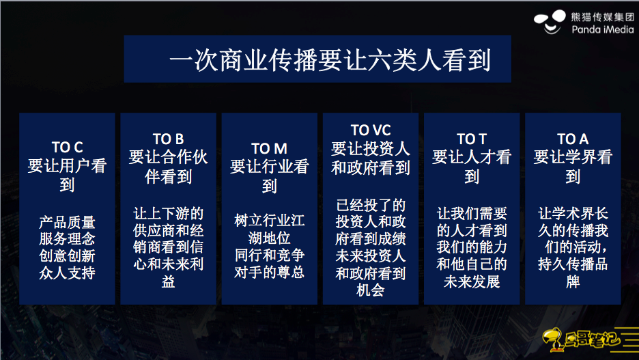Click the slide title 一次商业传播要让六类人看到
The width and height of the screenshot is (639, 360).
pyautogui.click(x=330, y=60)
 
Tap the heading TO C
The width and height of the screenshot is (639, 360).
pyautogui.click(x=67, y=147)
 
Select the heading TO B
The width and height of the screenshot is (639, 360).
pyautogui.click(x=169, y=139)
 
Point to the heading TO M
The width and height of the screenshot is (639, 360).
pyautogui.click(x=270, y=148)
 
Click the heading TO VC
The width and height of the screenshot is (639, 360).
pyautogui.click(x=371, y=130)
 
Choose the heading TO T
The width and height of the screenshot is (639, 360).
pyautogui.click(x=472, y=139)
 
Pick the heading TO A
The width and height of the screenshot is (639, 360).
pyautogui.click(x=573, y=139)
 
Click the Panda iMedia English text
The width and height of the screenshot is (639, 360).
pyautogui.click(x=602, y=29)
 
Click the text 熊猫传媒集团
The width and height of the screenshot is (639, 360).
pyautogui.click(x=602, y=16)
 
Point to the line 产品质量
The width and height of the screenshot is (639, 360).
pyautogui.click(x=67, y=222)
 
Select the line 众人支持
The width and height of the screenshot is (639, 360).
pyautogui.click(x=67, y=273)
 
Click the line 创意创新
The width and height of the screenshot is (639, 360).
pyautogui.click(x=67, y=255)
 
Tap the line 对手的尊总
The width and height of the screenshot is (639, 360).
pyautogui.click(x=270, y=271)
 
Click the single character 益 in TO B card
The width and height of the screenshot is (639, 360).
pyautogui.click(x=169, y=281)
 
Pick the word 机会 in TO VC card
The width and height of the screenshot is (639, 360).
pyautogui.click(x=371, y=290)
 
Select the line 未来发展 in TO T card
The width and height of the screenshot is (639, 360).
pyautogui.click(x=472, y=281)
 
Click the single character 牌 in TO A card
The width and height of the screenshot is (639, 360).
pyautogui.click(x=573, y=281)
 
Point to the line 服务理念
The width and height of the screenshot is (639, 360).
pyautogui.click(x=67, y=239)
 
